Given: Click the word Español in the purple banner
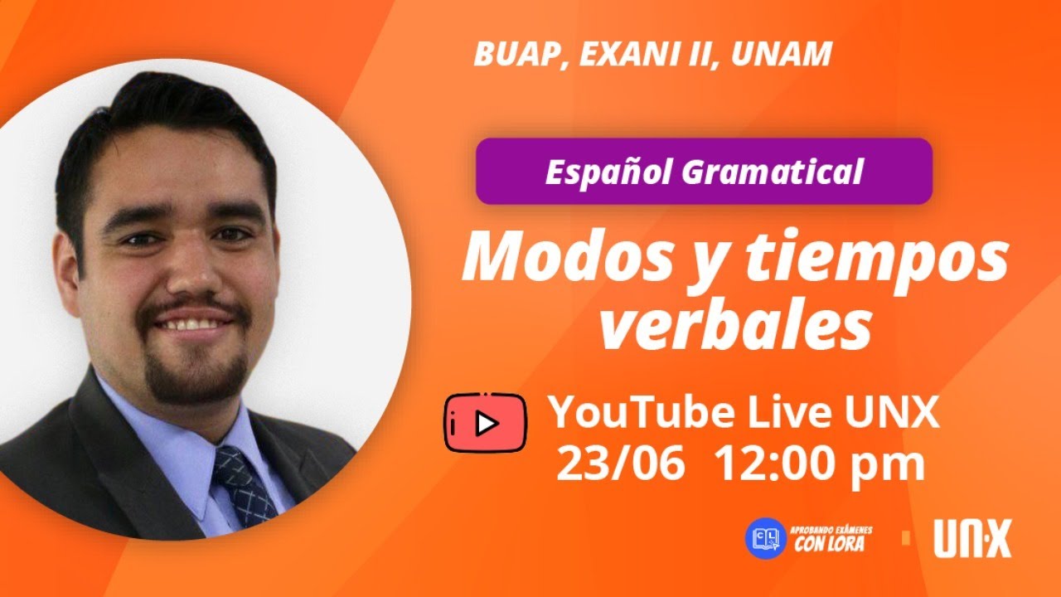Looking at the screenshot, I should pyautogui.click(x=608, y=172).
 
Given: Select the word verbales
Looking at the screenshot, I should pyautogui.click(x=735, y=326).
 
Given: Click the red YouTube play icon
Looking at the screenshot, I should pyautogui.click(x=485, y=423).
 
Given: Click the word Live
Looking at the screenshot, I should pyautogui.click(x=788, y=413).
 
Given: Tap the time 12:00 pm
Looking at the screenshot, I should pyautogui.click(x=819, y=464).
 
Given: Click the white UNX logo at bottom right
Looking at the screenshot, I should pyautogui.click(x=972, y=539).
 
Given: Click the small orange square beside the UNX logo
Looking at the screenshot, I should pyautogui.click(x=906, y=538).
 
